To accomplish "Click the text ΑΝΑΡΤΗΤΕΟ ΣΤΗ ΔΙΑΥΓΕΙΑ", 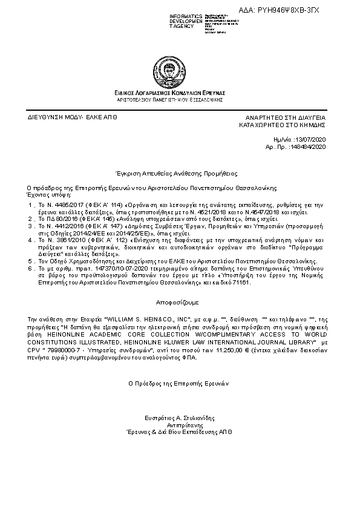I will tap(285, 116).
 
